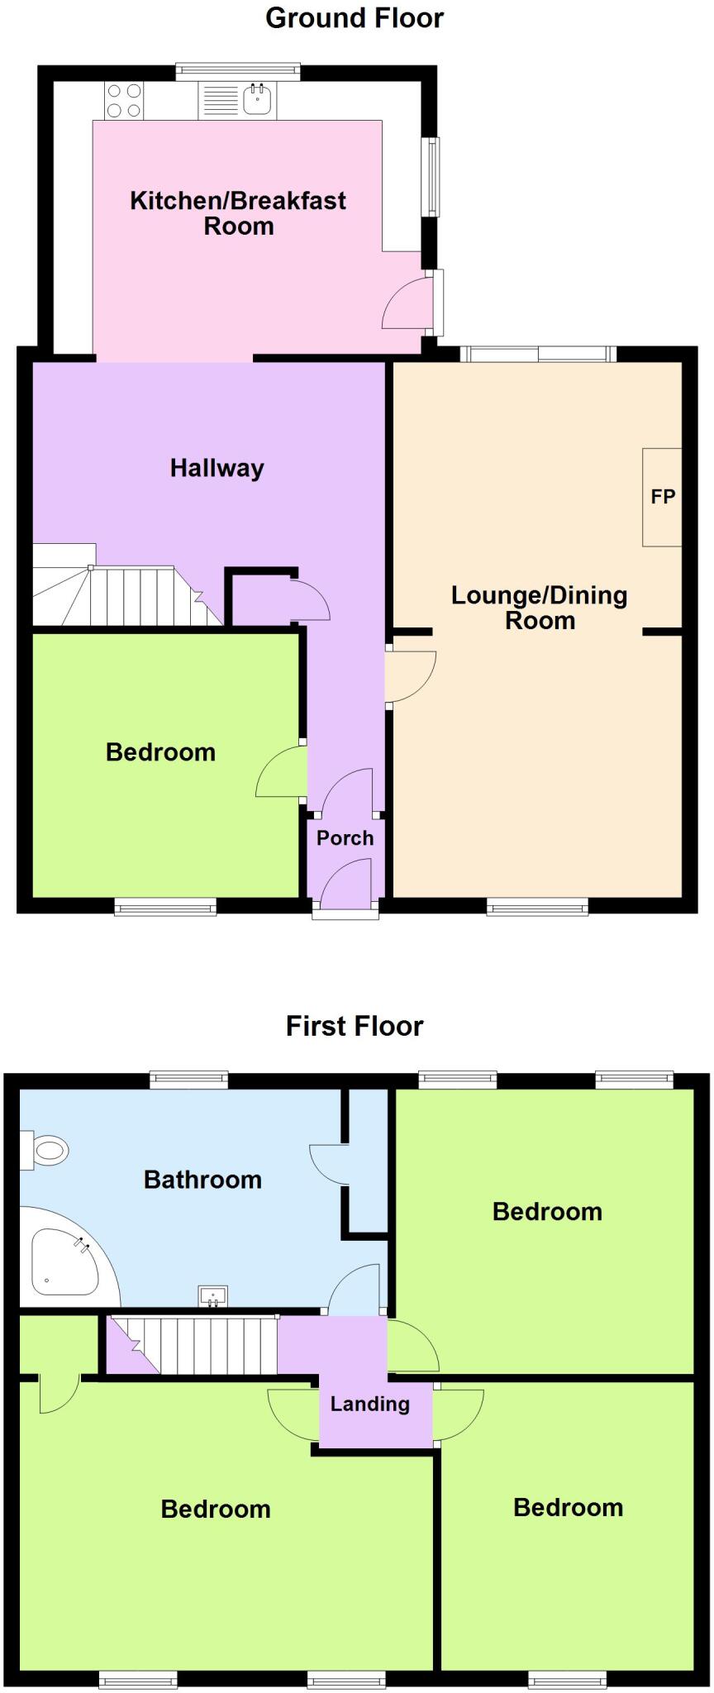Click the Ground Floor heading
355,18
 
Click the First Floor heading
355,1026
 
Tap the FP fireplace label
663,497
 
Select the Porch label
345,838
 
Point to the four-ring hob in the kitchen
124,101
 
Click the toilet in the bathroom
48,1150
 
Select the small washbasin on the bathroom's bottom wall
213,1296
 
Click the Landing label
369,1404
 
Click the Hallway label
217,468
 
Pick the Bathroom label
202,1179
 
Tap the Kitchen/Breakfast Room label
238,212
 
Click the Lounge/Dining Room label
539,608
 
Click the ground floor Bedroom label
160,751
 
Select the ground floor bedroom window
165,908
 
